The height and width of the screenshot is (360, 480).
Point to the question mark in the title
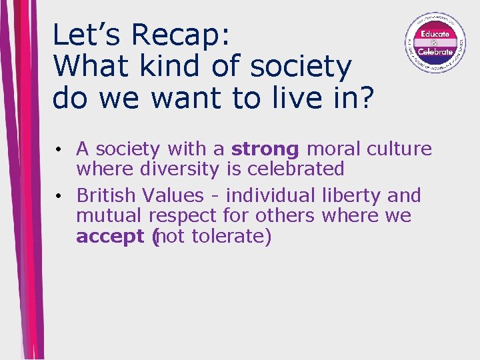(x=366, y=98)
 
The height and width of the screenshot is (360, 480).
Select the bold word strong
(x=265, y=149)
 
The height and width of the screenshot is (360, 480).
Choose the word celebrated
(x=295, y=169)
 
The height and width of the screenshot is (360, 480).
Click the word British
(x=107, y=195)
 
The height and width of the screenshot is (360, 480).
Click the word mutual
(x=109, y=216)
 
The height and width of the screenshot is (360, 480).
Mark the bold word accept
(x=111, y=237)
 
